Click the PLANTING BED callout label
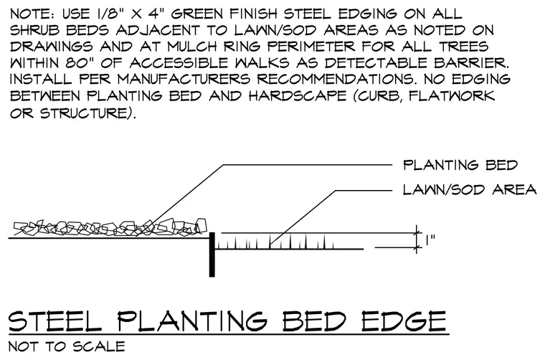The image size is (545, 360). coord(460,165)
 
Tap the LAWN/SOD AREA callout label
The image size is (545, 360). coord(470,190)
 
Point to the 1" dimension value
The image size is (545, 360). coord(430,240)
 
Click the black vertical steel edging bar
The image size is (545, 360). coord(212,255)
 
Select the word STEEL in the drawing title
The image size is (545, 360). coord(55,321)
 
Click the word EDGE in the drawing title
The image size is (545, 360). coord(404,321)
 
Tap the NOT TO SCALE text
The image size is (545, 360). coord(67,346)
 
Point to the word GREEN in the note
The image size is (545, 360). coord(197,14)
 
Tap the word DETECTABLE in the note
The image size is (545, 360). coord(376,63)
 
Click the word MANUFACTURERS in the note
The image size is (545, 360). coord(184,80)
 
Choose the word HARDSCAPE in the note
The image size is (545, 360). coord(298,96)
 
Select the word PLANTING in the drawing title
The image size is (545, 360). coord(192,321)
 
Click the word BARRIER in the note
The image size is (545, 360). coord(471,63)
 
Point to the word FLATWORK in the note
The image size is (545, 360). coord(452,96)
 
